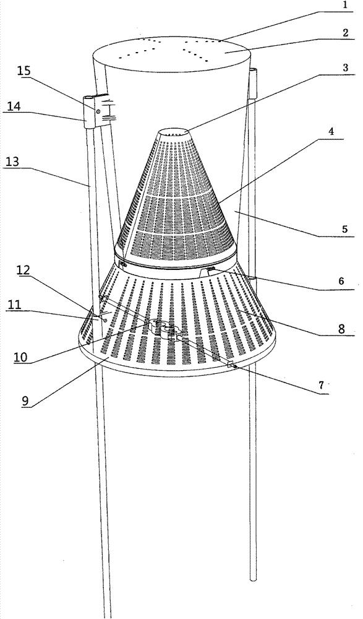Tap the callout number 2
346,33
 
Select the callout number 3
345,67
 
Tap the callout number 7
321,385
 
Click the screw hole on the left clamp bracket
98,111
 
